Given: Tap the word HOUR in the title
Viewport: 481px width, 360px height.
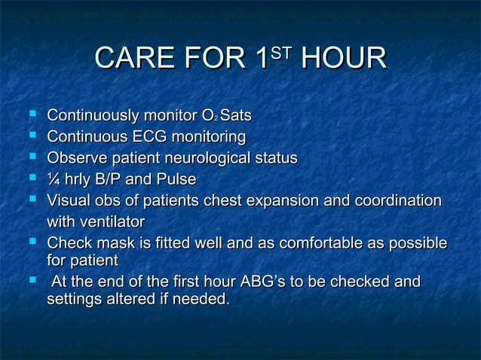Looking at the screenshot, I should pos(343,61).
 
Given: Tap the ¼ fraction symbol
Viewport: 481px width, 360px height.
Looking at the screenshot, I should pos(52,179).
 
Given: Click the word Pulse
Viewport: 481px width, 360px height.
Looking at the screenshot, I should pos(176,179).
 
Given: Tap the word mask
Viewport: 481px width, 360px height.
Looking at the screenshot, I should pos(111,244).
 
